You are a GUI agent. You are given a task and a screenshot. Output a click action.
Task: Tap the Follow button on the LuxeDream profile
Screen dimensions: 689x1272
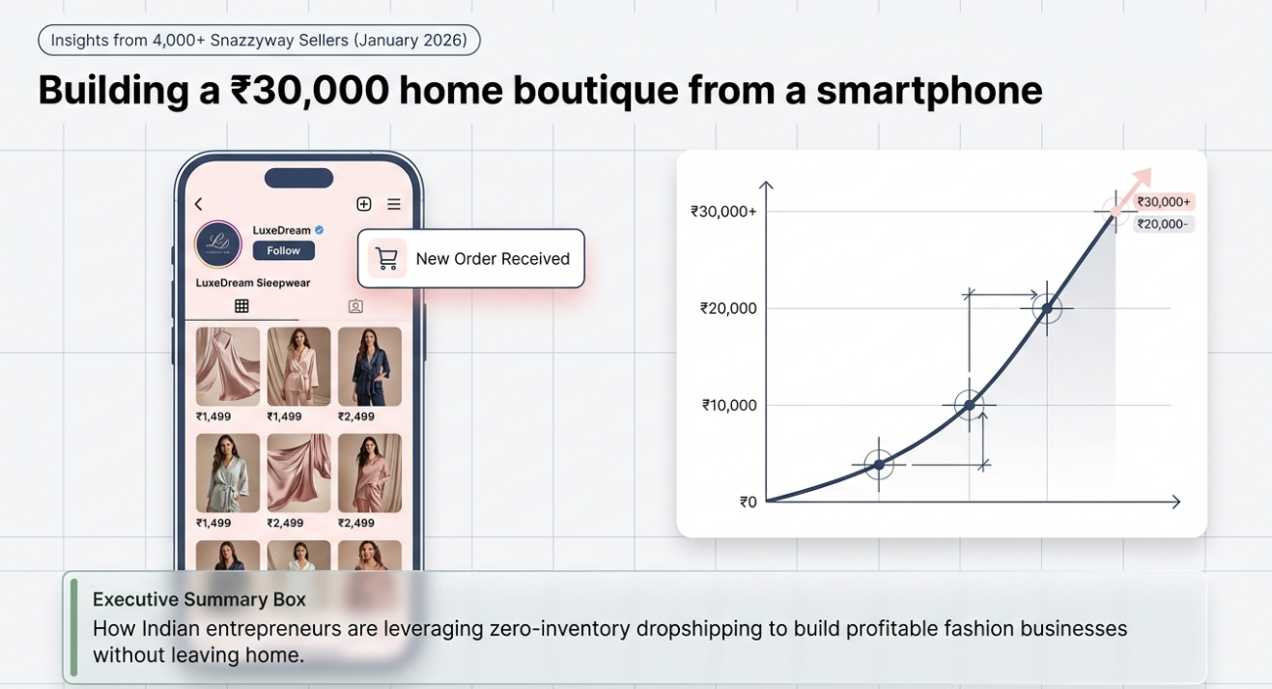283,250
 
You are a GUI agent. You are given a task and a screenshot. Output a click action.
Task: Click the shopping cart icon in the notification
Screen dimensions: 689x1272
386,259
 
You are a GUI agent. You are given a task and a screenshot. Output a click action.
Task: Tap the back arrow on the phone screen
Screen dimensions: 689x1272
199,204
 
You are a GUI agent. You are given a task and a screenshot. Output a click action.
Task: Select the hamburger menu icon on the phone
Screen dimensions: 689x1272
394,204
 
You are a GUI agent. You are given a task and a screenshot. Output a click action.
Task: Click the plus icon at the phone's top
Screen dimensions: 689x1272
364,204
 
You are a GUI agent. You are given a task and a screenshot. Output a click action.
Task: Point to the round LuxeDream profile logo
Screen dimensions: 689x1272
218,244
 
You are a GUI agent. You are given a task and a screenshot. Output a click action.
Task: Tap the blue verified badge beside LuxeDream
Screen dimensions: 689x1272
319,230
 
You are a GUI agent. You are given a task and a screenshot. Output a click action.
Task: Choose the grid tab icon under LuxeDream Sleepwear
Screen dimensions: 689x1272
241,306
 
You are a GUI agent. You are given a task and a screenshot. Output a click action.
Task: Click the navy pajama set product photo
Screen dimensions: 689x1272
370,366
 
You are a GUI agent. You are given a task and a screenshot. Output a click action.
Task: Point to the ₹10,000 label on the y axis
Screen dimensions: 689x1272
729,405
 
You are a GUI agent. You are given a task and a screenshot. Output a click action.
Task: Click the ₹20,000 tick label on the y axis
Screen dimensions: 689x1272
728,308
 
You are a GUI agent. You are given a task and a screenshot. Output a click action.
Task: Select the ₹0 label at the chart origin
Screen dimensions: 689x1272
749,502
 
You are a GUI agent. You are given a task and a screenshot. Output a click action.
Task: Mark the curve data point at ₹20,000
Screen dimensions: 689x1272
1046,309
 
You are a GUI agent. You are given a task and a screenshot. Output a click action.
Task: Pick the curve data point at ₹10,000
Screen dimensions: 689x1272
969,405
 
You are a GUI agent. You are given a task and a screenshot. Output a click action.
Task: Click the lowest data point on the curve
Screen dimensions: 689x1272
879,465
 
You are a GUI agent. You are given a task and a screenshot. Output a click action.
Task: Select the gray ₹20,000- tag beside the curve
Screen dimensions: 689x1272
1163,224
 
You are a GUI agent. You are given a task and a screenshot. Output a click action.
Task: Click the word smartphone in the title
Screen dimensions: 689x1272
929,90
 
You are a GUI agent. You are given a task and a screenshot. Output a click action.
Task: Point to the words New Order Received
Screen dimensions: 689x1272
493,259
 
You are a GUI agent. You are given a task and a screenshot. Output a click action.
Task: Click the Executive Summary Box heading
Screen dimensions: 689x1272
199,599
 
